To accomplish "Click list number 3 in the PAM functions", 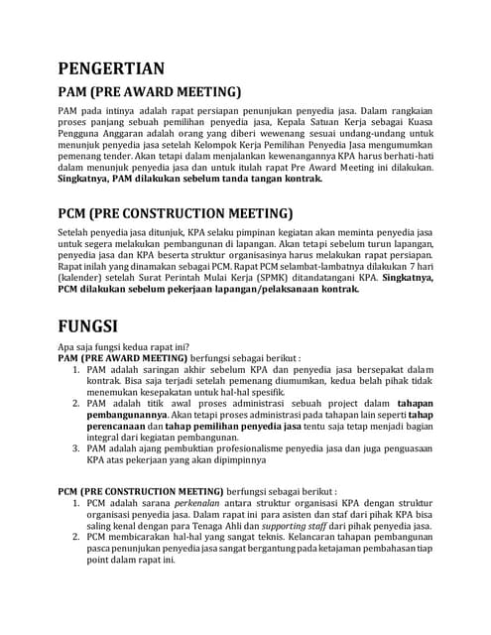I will tap(77, 447).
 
